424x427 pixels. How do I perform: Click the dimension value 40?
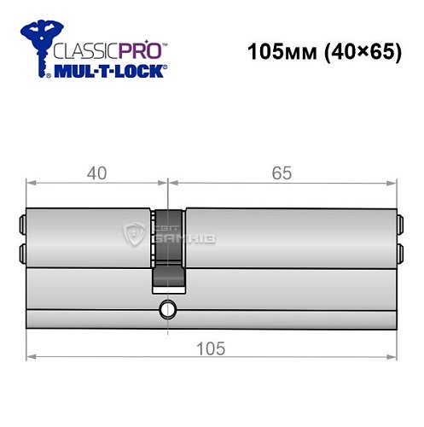pyautogui.click(x=96, y=173)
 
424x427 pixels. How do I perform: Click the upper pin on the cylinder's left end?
pyautogui.click(x=20, y=227)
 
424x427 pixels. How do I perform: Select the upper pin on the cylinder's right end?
pyautogui.click(x=402, y=227)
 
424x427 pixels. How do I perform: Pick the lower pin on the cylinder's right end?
pyautogui.click(x=402, y=252)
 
